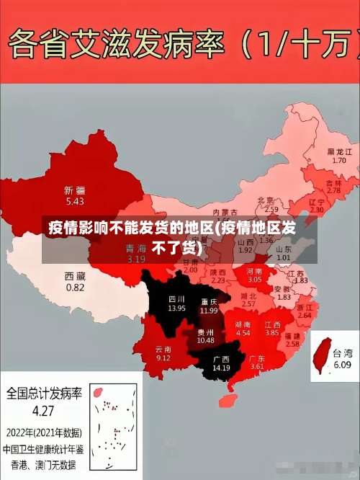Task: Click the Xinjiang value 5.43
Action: tap(74, 201)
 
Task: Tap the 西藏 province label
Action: tap(75, 275)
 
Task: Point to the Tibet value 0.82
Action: tap(75, 287)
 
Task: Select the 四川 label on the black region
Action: tap(176, 298)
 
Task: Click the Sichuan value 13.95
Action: tap(176, 308)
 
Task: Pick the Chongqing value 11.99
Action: tap(209, 311)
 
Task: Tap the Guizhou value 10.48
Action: tap(205, 339)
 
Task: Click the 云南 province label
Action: tap(163, 348)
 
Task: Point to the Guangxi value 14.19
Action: tap(220, 368)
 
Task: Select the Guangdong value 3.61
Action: tap(257, 367)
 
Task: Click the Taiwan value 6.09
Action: tap(342, 365)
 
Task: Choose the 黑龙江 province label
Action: tap(340, 151)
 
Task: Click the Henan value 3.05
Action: tap(255, 278)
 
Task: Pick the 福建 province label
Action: tap(292, 335)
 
